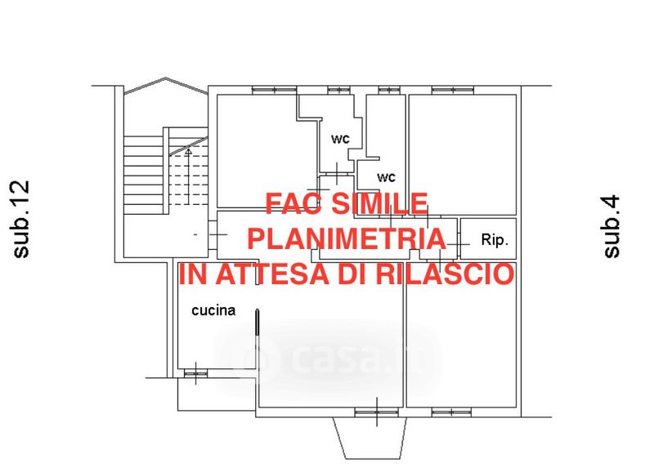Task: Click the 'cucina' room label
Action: click(x=213, y=310)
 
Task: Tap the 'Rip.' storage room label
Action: click(x=495, y=240)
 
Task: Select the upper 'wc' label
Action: click(x=340, y=139)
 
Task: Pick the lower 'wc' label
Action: click(x=386, y=177)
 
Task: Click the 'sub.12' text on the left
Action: click(x=21, y=219)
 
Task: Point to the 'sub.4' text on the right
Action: click(x=611, y=227)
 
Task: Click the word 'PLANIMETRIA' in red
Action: click(x=347, y=238)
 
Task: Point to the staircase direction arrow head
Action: click(x=188, y=152)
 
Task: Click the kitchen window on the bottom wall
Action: click(x=195, y=374)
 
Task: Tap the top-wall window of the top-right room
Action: click(x=453, y=90)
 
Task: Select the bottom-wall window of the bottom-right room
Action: click(x=452, y=412)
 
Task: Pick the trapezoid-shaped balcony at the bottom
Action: click(x=370, y=438)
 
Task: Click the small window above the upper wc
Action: click(x=338, y=90)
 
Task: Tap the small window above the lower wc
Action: click(x=389, y=90)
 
